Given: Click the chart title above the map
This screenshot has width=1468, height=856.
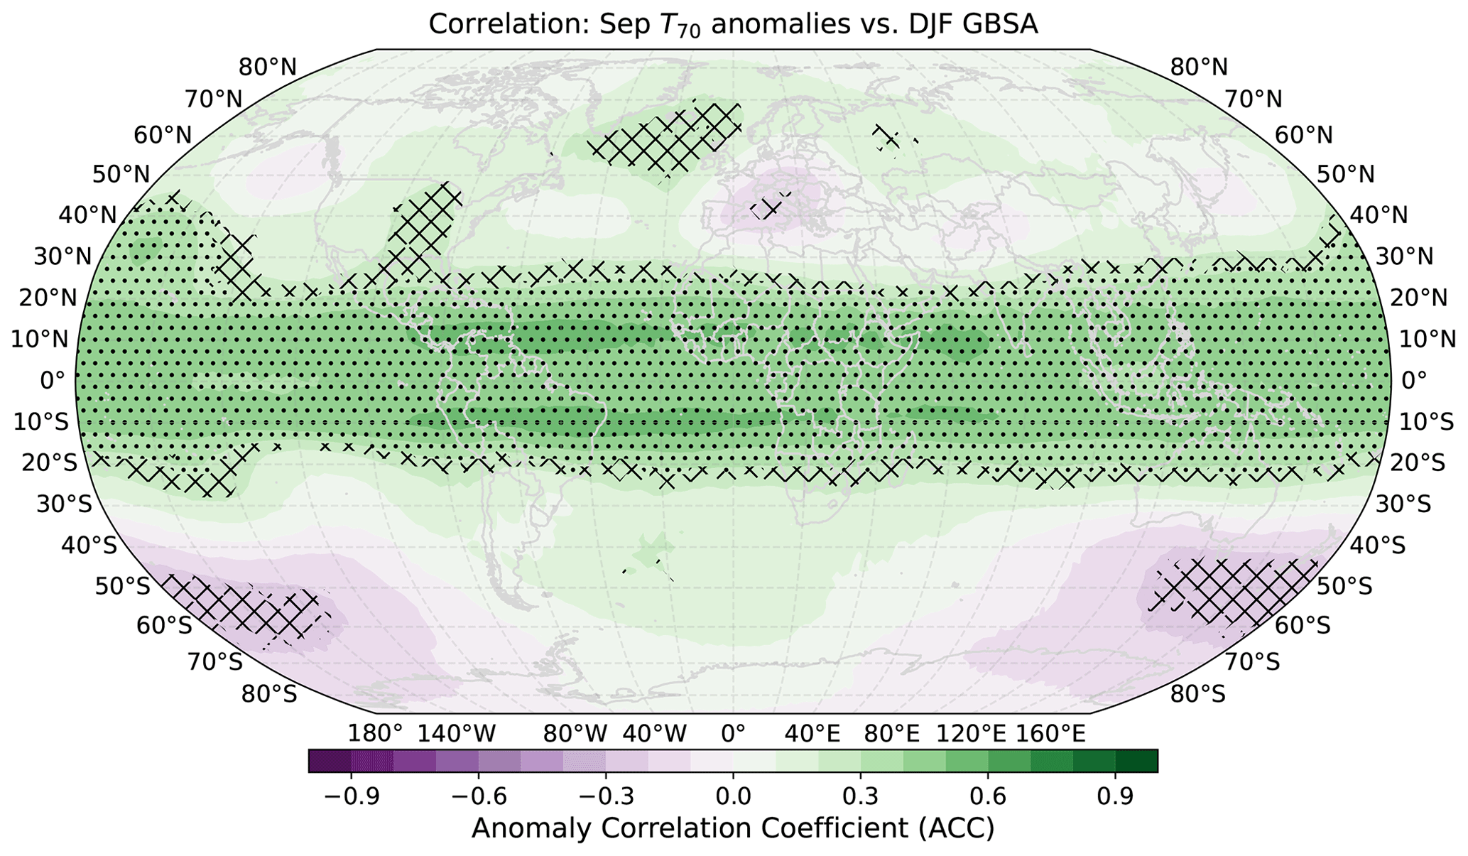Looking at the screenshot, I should click(733, 24).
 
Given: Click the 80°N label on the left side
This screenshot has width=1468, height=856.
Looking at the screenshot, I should click(268, 68).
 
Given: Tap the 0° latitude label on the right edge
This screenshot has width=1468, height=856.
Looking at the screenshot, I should click(1414, 381).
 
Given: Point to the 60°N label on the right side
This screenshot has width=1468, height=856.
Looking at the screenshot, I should click(1304, 135).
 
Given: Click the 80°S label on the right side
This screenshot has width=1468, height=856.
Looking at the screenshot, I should click(1197, 693).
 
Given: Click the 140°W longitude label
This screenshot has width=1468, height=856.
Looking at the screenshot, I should click(456, 734).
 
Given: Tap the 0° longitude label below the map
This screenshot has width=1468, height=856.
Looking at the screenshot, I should click(733, 734).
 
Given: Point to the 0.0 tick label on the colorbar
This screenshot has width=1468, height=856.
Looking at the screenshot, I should click(733, 796).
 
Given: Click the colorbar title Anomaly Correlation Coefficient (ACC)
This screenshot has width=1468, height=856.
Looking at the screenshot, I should click(733, 828).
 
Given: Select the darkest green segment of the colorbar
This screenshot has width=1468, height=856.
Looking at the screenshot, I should click(1136, 761).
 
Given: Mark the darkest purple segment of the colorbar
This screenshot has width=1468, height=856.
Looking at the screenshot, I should click(330, 761).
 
